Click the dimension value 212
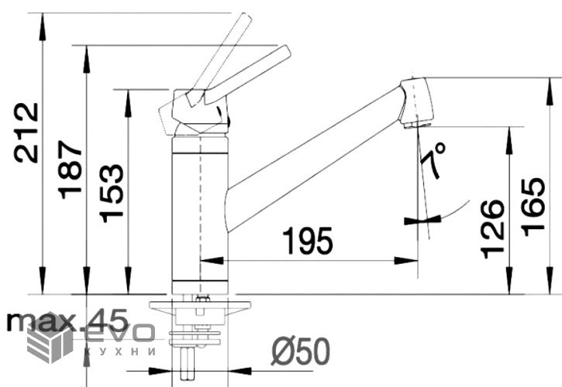point(26,133)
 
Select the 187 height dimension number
point(71,170)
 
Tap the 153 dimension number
point(112,193)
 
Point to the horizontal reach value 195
point(308,241)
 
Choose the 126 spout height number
point(492,229)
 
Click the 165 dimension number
point(533,207)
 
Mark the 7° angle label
point(433,159)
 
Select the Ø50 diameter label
point(300,351)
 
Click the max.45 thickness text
point(67,320)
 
